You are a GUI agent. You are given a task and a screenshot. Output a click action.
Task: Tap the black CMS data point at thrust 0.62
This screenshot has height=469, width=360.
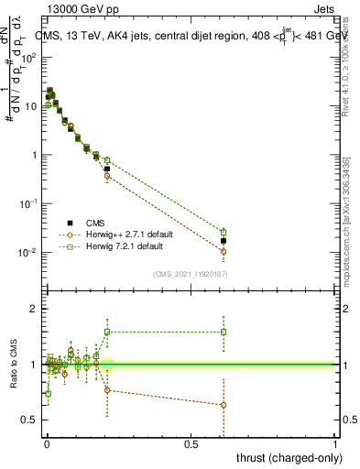[x=224, y=241]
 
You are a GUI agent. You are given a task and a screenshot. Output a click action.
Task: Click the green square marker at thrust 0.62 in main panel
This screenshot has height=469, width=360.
[x=224, y=232]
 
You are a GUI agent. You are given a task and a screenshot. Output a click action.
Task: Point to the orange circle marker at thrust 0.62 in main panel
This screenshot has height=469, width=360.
[x=224, y=251]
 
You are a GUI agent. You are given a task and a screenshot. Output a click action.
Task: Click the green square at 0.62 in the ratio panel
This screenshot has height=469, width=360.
[x=224, y=332]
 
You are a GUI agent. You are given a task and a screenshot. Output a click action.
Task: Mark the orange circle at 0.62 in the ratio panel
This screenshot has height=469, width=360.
[x=224, y=405]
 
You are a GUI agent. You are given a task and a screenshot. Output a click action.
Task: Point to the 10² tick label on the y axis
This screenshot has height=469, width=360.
[x=30, y=58]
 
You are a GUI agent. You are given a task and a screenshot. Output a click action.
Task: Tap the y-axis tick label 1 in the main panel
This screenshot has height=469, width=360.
[x=35, y=155]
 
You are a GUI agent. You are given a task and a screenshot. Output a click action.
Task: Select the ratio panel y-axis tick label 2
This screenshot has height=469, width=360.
[x=35, y=310]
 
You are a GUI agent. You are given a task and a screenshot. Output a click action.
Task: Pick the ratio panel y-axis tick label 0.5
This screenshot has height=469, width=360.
[x=30, y=420]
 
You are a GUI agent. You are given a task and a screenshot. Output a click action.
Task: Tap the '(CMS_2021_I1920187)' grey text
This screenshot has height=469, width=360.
[x=190, y=273]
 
